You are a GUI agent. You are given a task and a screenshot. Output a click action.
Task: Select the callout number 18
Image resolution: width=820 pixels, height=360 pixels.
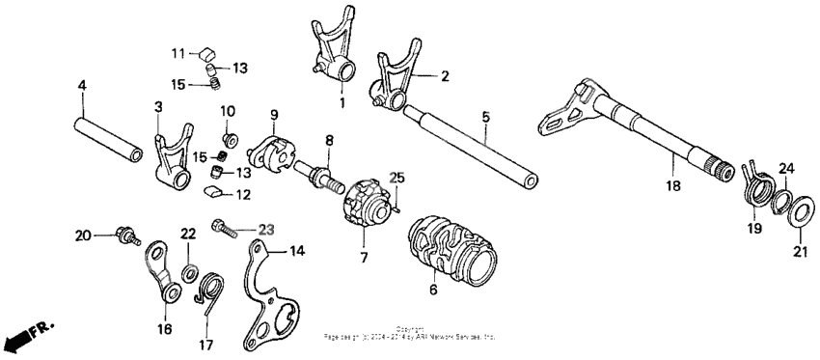point(674,180)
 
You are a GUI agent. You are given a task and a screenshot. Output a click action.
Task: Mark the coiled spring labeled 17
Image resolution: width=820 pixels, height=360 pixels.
point(212,289)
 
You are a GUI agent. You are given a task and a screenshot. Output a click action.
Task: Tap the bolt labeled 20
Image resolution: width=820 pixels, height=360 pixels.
point(126,235)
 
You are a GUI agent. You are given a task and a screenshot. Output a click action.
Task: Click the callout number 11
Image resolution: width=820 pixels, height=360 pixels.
point(178,51)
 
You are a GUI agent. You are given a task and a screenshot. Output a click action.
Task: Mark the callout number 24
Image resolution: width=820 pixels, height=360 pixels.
point(787,169)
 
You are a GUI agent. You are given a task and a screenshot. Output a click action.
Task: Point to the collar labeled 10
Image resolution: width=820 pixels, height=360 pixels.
point(231,131)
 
